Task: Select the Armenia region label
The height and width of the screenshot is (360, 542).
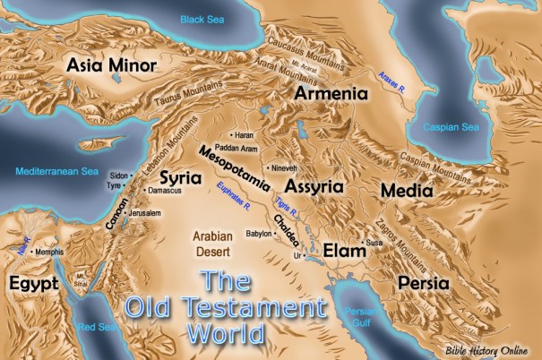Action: point(332,93)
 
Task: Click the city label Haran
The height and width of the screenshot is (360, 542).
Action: point(246,134)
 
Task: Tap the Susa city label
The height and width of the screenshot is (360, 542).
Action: point(374,243)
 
